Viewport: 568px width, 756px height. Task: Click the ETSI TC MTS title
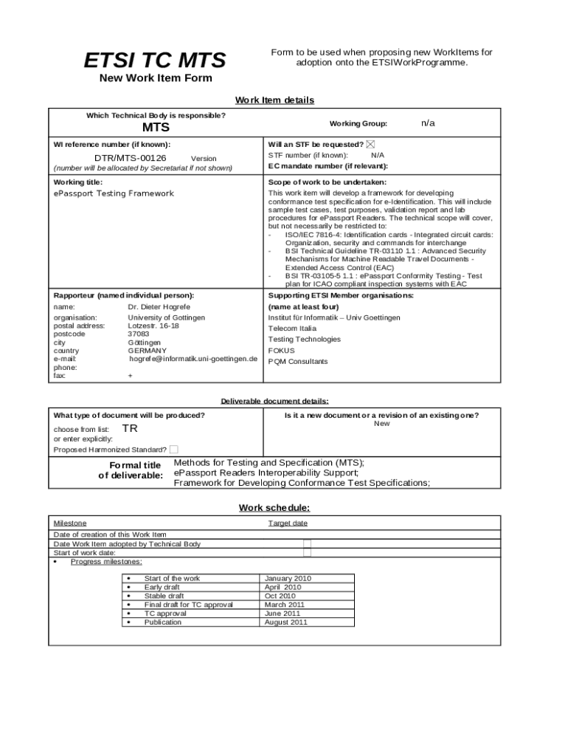[x=155, y=60]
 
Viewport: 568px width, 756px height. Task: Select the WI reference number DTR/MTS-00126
[x=130, y=158]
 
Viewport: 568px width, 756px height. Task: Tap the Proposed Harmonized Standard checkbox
[x=173, y=449]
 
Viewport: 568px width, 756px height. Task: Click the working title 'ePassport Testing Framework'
[x=114, y=193]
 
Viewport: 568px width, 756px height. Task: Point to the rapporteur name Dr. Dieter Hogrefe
[x=159, y=306]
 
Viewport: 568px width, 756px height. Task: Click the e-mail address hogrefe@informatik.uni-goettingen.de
[x=193, y=359]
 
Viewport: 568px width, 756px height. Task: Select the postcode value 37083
[x=139, y=334]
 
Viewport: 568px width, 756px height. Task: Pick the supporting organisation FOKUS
[x=281, y=351]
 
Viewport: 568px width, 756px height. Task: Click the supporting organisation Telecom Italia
[x=292, y=329]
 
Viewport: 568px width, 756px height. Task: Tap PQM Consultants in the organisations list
[x=298, y=362]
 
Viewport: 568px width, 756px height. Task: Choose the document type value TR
[x=130, y=428]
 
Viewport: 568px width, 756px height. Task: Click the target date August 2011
[x=286, y=622]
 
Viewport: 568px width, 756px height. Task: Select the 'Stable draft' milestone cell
[x=164, y=596]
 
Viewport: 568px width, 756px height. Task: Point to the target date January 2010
[x=288, y=578]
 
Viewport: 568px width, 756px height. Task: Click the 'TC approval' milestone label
[x=165, y=614]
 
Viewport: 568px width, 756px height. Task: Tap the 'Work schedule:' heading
[x=274, y=508]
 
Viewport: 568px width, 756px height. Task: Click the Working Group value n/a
[x=428, y=123]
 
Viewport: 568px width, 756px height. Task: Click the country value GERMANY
[x=147, y=351]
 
